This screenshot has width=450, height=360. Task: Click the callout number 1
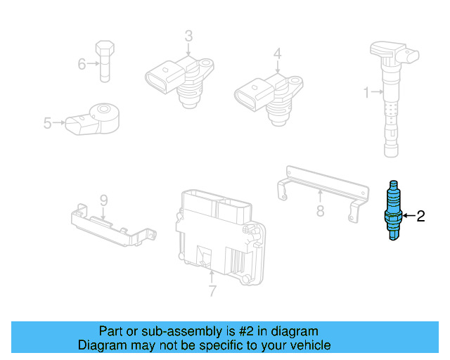click(x=366, y=91)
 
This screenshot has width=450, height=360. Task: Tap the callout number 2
click(x=421, y=217)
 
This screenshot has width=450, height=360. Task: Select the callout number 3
click(x=188, y=35)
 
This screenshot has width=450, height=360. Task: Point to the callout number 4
click(x=277, y=53)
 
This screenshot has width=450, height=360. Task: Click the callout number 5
click(x=47, y=123)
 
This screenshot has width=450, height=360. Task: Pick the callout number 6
click(x=82, y=65)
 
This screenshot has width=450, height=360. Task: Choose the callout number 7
click(x=212, y=290)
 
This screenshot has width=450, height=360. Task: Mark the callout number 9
click(x=103, y=200)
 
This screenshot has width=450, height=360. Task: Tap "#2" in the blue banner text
click(x=245, y=331)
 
